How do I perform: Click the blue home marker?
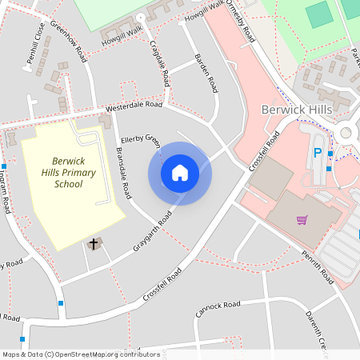[180, 172]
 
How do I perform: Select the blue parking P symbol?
[318, 152]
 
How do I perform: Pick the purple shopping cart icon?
[302, 219]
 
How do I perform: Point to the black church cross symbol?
[94, 242]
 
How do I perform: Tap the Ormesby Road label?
[240, 24]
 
